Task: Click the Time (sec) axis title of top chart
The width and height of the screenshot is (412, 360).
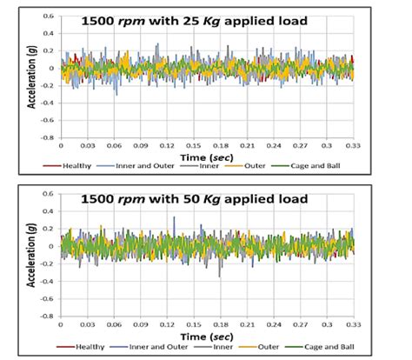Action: point(196,154)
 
